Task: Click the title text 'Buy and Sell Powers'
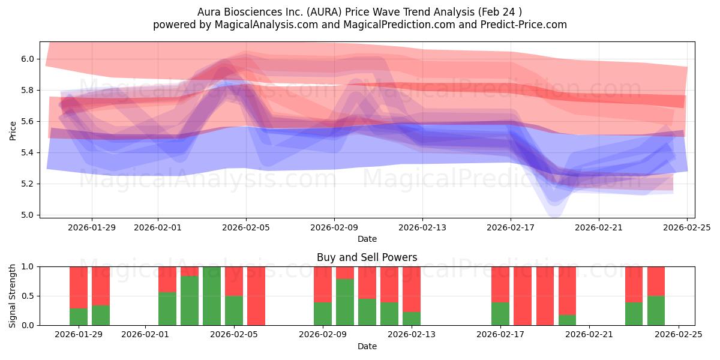[367, 257]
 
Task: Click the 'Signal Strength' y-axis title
[13, 296]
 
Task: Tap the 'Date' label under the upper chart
[367, 239]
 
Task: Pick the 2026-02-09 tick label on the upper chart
[334, 227]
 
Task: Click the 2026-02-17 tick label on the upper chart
[511, 227]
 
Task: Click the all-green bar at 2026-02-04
[212, 296]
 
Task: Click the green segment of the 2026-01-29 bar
[79, 317]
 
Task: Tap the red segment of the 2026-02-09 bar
[323, 284]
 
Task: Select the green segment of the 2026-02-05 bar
[234, 311]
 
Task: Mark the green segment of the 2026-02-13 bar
[412, 319]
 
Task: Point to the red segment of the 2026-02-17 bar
[500, 284]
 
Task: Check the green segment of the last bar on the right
[656, 311]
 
